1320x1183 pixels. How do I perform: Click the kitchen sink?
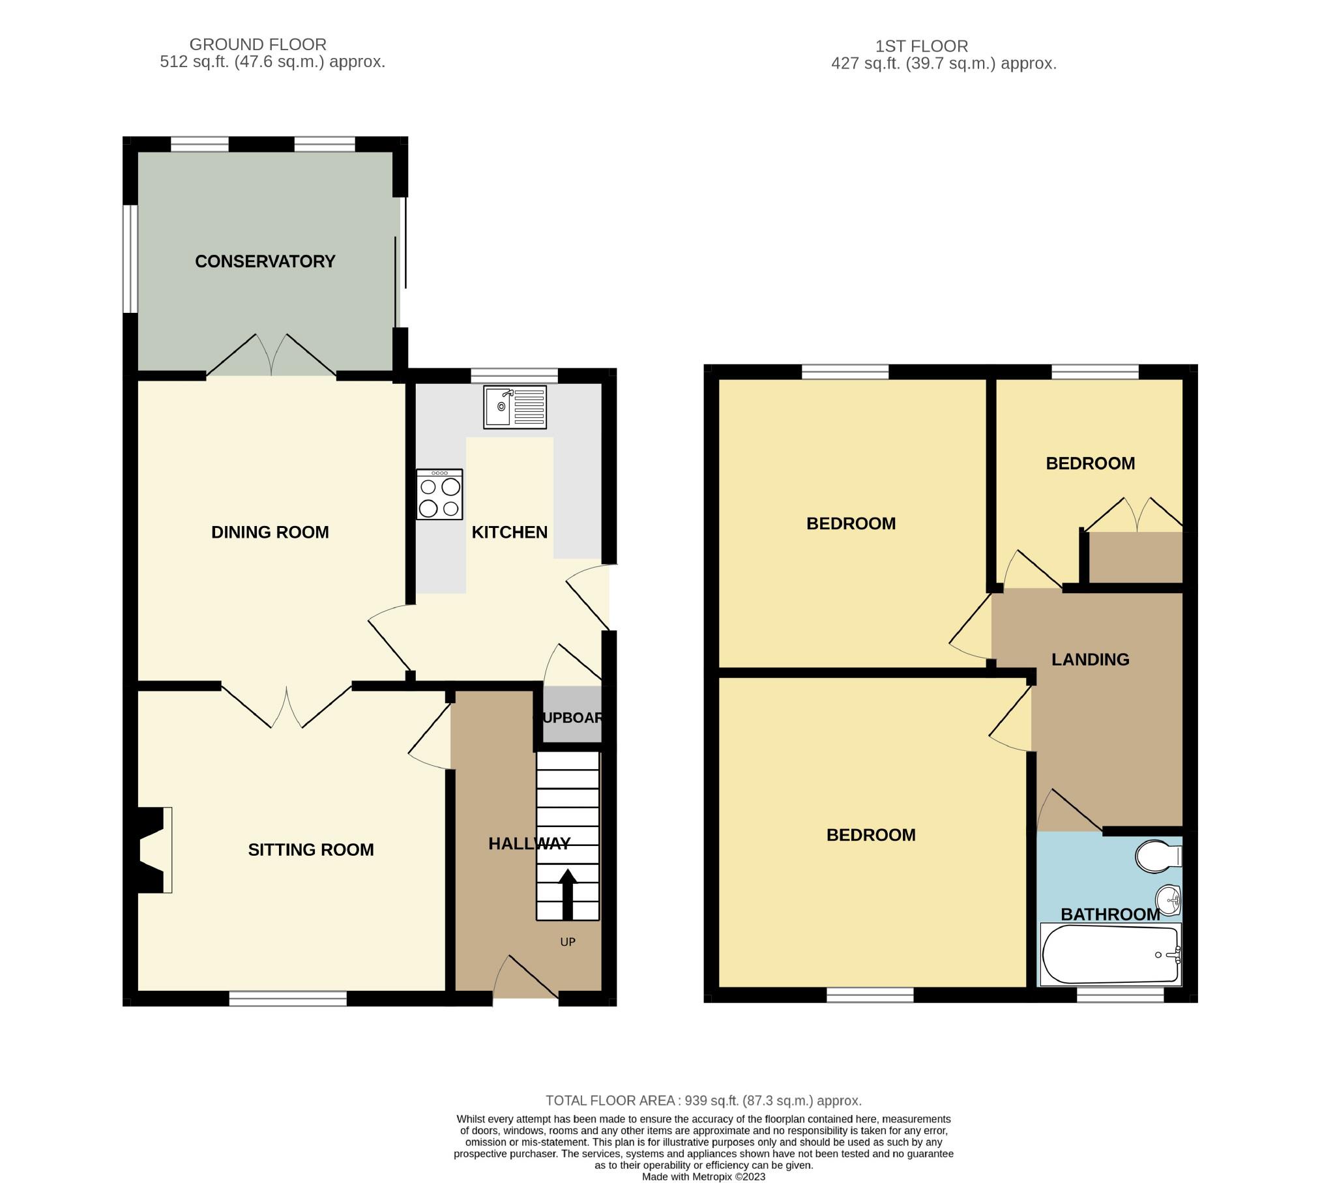click(515, 407)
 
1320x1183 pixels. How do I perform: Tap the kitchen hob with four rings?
click(440, 494)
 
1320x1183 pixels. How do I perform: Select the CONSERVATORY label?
click(265, 261)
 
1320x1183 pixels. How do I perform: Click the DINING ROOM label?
click(270, 533)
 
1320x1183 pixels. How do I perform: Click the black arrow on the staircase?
click(568, 894)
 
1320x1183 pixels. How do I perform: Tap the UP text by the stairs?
click(568, 942)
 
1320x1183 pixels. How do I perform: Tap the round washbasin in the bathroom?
click(1169, 902)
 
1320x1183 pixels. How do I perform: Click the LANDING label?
click(1091, 660)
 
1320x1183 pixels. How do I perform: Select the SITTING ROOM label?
click(311, 850)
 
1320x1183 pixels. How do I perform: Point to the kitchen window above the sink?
click(514, 375)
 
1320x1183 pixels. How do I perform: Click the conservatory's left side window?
click(130, 259)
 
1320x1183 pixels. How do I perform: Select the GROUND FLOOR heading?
click(258, 44)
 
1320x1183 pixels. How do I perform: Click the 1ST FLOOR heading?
click(922, 46)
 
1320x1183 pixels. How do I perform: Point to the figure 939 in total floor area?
click(696, 1101)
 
